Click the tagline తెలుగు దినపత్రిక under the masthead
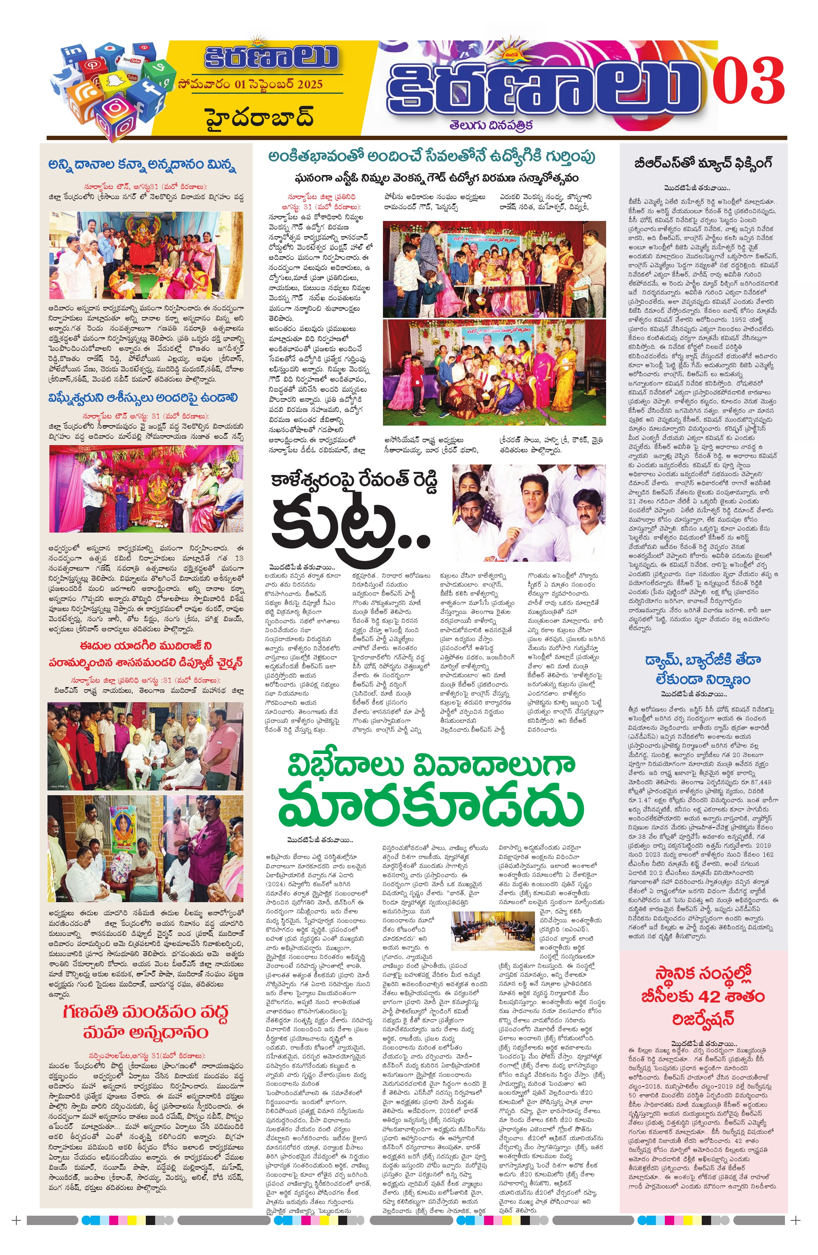click(x=491, y=125)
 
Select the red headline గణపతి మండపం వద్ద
click(x=145, y=1012)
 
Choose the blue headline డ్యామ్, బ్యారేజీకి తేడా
click(x=703, y=660)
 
